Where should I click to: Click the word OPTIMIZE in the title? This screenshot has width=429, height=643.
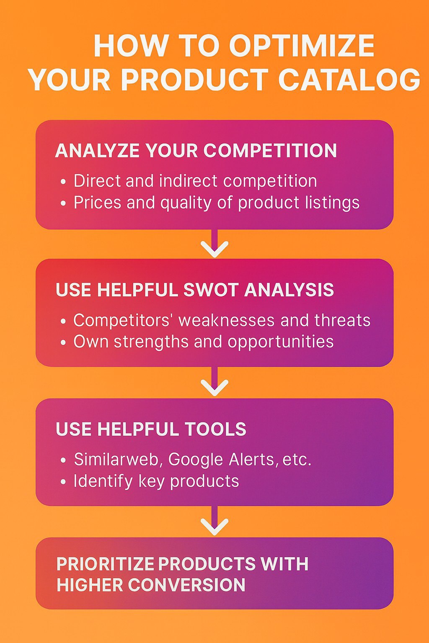pos(301,46)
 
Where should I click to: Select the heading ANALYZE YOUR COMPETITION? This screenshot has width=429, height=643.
pos(196,150)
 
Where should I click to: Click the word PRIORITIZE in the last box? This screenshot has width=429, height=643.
pos(105,564)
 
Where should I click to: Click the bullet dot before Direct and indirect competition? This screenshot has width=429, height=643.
pos(63,182)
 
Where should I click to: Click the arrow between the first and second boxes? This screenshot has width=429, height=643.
pos(214,243)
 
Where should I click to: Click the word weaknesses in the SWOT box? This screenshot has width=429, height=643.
pos(227,320)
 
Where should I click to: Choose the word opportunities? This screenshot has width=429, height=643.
pos(281,342)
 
